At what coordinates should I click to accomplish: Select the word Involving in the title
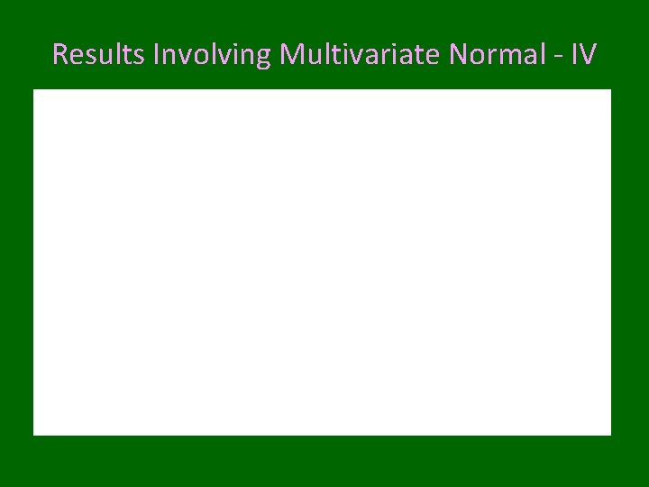tap(213, 55)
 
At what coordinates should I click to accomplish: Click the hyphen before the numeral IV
tap(562, 57)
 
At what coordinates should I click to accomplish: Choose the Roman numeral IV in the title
tap(584, 55)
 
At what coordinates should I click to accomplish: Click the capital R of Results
tap(59, 55)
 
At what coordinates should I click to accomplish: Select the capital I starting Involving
tap(157, 55)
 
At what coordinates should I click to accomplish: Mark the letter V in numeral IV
tap(588, 55)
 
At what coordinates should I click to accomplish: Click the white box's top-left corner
tap(33, 89)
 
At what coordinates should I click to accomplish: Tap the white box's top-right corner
tap(611, 89)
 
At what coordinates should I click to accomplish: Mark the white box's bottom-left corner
tap(33, 435)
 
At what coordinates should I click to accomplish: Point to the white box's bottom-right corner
tap(611, 435)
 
